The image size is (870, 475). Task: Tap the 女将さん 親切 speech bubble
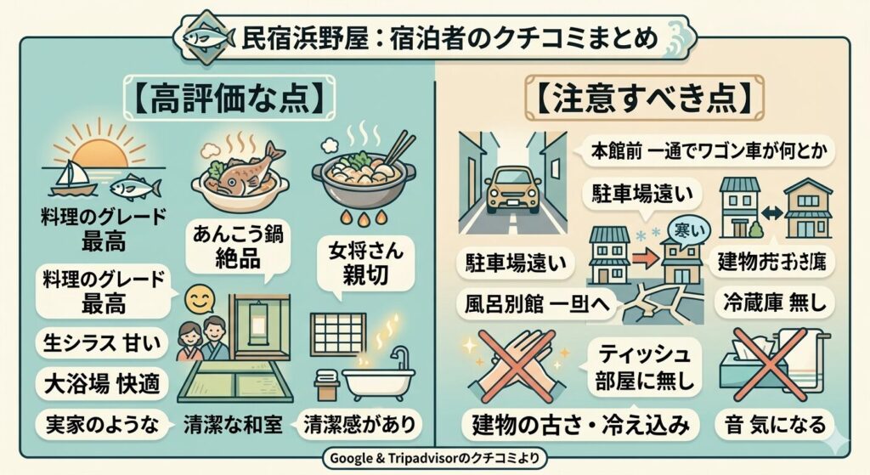[x=359, y=264]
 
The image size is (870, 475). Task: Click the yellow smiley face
[x=198, y=299]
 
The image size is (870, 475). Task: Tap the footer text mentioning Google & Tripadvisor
[x=434, y=460]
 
